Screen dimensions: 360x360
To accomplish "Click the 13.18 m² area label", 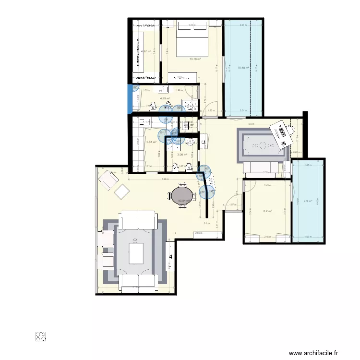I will (195, 59).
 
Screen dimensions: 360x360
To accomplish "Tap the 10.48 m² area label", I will (245, 68).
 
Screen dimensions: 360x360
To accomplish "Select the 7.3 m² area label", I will (307, 201).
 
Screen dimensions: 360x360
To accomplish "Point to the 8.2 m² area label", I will (267, 211).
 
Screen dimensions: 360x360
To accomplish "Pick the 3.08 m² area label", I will (182, 154).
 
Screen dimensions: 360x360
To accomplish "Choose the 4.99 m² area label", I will (166, 98).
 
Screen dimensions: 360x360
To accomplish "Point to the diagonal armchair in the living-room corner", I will (108, 180).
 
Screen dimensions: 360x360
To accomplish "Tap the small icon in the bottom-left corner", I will (41, 337).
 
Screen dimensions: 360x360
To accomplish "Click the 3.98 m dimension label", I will (165, 180).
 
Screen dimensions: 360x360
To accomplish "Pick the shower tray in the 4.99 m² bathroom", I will (191, 107).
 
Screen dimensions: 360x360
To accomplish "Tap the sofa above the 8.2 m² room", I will (262, 167).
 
